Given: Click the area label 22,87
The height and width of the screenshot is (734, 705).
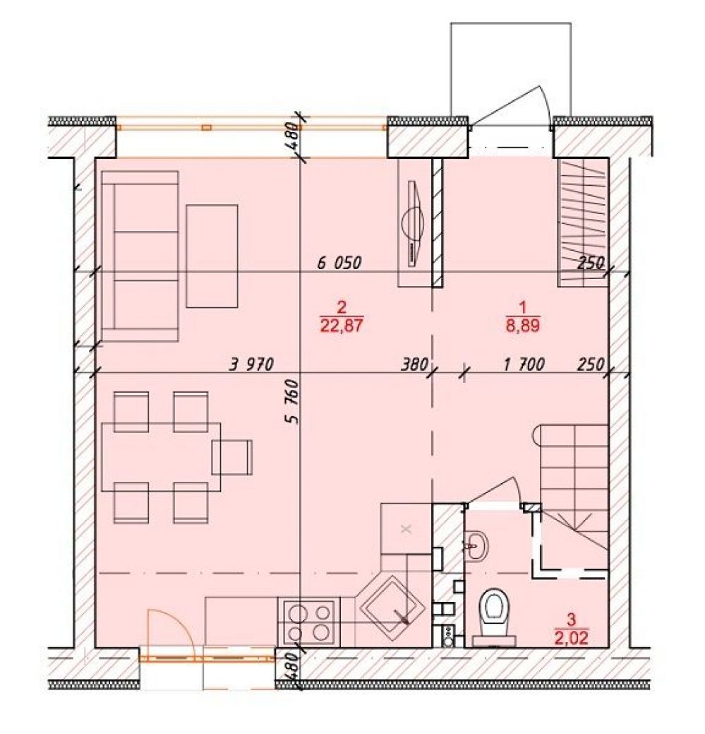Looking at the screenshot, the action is point(342,326).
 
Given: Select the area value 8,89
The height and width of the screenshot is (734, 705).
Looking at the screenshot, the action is point(523,326).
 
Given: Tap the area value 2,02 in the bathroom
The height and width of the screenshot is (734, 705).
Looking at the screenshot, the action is point(572,637).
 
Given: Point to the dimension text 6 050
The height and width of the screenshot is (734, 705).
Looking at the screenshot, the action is point(339,263).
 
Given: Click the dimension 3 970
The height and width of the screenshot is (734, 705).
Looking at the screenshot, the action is point(251,365).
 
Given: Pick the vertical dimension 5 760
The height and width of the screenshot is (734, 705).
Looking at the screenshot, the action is point(291,402).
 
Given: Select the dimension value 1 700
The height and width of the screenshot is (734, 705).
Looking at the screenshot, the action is point(524,365).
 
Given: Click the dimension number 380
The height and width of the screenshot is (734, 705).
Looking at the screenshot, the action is point(415,365).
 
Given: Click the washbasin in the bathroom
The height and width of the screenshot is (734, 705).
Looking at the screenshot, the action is point(477,545).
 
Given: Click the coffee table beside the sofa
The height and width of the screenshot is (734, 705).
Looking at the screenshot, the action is point(212,256).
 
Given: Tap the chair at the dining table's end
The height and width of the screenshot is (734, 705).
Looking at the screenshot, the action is point(232,457).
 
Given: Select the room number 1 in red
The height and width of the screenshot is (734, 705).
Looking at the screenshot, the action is point(523,308).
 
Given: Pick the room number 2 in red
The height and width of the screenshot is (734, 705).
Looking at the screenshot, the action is point(342,308).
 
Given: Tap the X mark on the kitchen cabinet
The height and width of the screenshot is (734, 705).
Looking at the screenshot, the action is point(406,529).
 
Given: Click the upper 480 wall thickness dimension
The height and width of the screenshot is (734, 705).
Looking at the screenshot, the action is point(291,136).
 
